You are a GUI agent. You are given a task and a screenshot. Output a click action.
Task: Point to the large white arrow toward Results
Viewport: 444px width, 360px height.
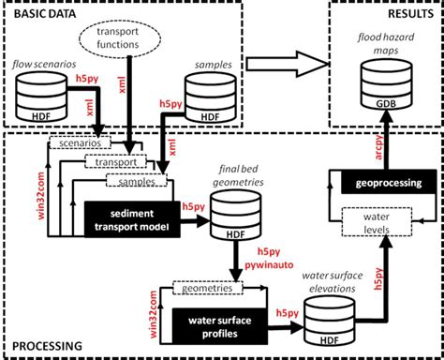coord(287,65)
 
